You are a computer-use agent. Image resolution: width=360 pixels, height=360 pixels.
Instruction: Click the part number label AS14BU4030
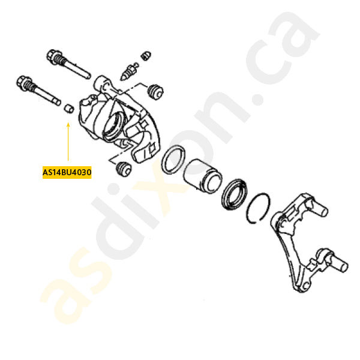pyautogui.click(x=67, y=173)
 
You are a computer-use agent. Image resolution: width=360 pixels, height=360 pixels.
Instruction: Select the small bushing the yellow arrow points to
pyautogui.click(x=68, y=108)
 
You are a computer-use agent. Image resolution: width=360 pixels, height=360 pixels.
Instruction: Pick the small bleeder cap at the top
pyautogui.click(x=145, y=56)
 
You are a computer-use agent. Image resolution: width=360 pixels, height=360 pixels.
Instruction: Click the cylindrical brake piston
pyautogui.click(x=202, y=175)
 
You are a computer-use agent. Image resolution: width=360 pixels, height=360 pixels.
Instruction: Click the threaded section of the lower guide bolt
pyautogui.click(x=55, y=96)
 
